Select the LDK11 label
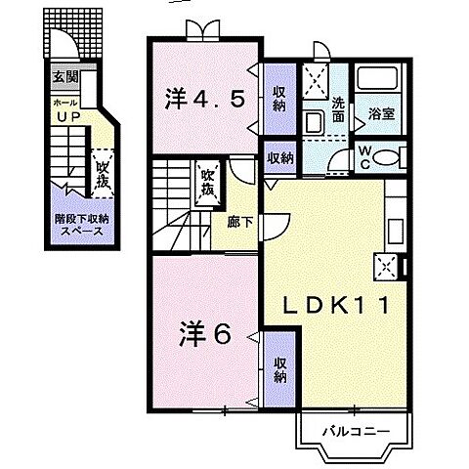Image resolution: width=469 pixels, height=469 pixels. point(341,306)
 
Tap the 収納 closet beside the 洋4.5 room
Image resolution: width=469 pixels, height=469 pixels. point(277,99)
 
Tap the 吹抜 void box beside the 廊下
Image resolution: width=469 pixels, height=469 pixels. point(207,183)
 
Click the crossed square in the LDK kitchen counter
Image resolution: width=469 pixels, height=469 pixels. point(385,264)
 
